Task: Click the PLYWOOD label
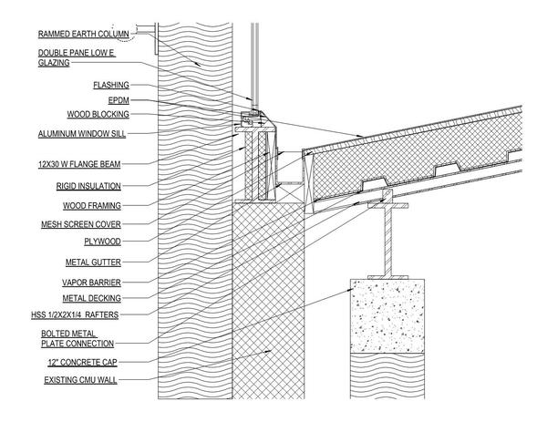(x=102, y=242)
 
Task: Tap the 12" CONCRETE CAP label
(x=79, y=362)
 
